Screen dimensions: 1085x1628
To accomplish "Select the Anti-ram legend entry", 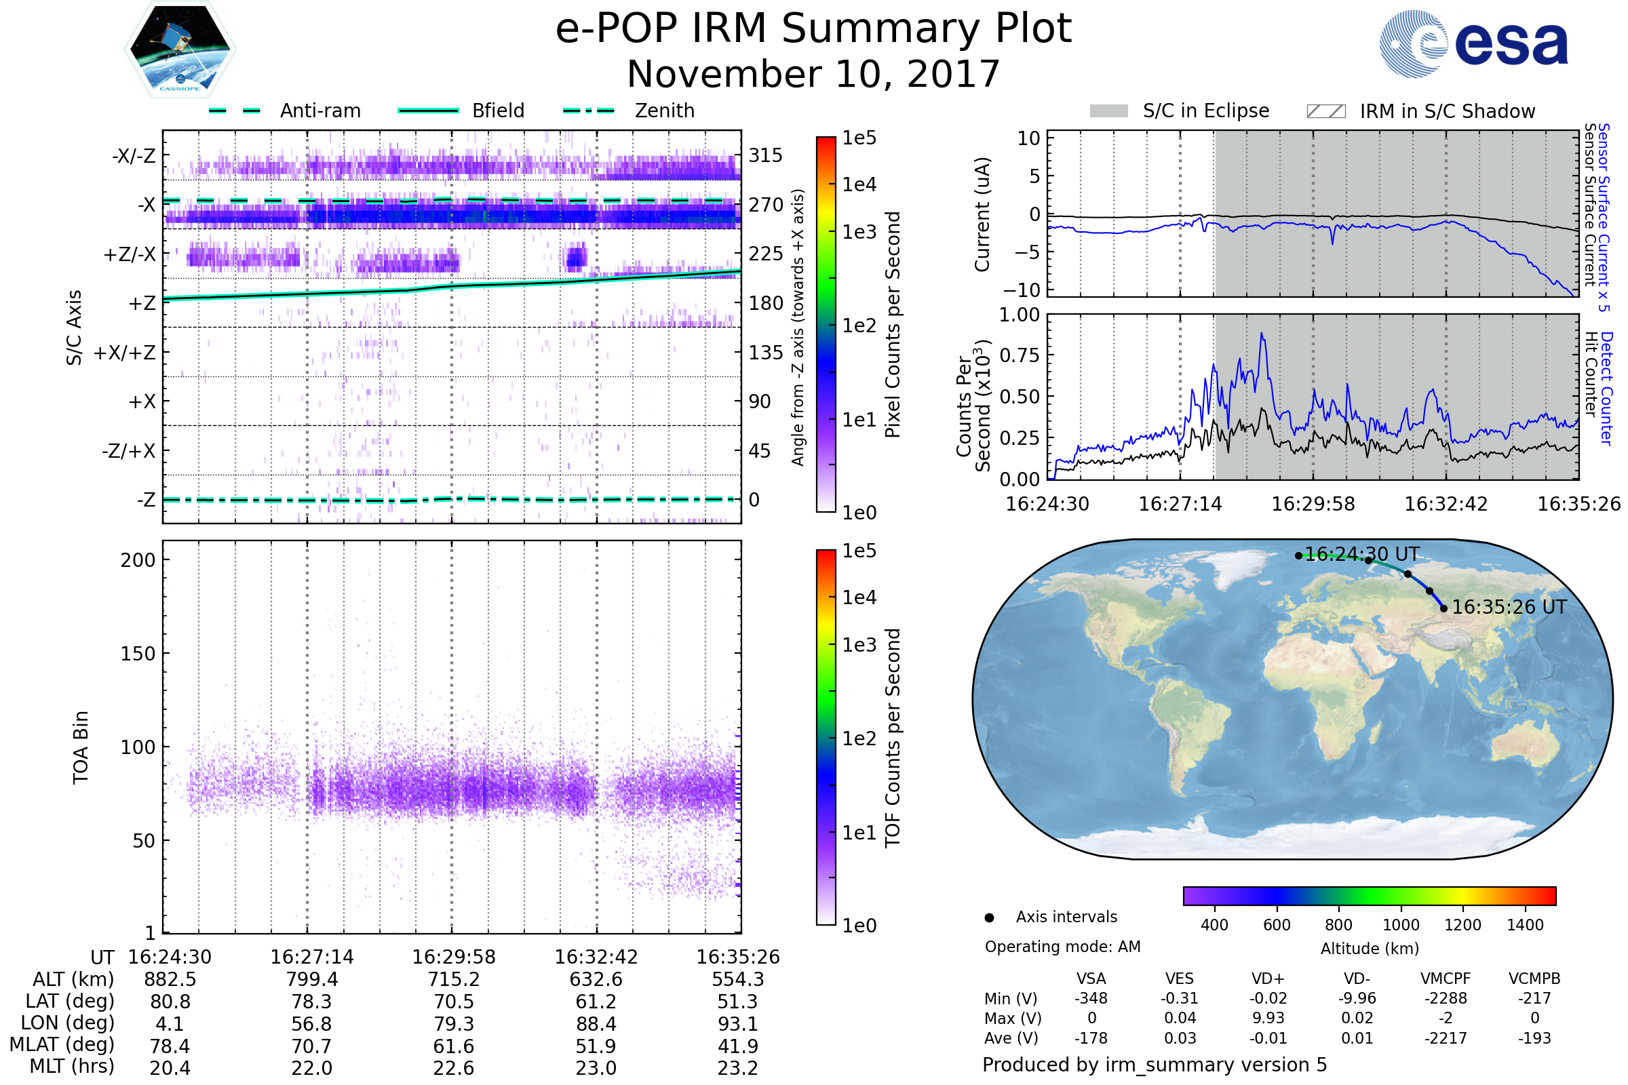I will (x=319, y=111).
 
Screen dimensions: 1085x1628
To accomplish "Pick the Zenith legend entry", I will (x=664, y=111).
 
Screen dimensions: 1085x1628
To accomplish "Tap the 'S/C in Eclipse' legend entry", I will (x=1205, y=111).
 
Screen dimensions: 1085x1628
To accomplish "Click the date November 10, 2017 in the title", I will (x=813, y=74).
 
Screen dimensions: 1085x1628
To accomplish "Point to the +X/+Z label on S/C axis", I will (x=125, y=353).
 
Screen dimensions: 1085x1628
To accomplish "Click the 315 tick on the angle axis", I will (x=766, y=155).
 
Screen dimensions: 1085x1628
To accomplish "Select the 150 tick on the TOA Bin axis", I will (x=138, y=654).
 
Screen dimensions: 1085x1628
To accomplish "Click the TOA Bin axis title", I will (x=81, y=747).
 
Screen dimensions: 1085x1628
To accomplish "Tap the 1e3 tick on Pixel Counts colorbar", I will (x=859, y=232).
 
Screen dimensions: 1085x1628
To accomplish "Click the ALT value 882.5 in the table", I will (x=170, y=980).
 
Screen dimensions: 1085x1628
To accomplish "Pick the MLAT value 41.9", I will (x=738, y=1046).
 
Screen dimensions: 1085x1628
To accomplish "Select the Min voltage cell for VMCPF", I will (x=1446, y=998).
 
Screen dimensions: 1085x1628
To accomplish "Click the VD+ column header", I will (x=1268, y=979).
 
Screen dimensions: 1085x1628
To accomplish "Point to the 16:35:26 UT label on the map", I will (x=1509, y=607).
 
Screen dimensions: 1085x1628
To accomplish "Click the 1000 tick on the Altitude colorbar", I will (x=1400, y=925).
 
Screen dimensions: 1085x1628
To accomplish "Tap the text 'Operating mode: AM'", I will (x=1062, y=947).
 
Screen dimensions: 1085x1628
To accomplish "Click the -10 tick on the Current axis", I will (x=1022, y=290).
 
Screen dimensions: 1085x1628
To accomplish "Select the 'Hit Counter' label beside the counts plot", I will (x=1591, y=374).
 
